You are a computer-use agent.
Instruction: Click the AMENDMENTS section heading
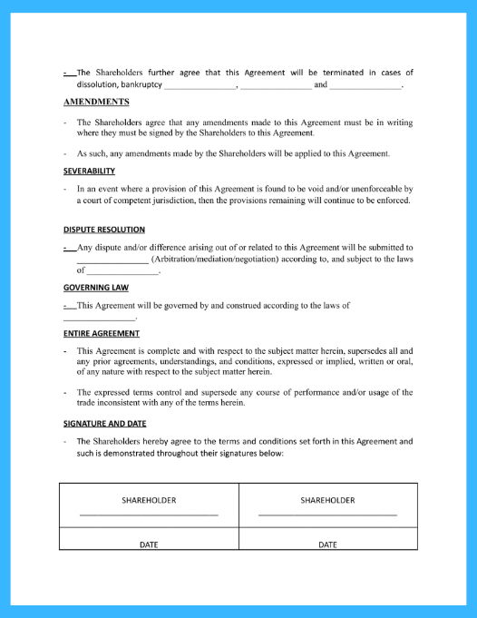pos(95,102)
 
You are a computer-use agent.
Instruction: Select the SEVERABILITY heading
pos(89,171)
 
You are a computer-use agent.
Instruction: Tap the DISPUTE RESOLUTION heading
pos(104,230)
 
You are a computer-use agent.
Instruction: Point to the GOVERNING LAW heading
pos(94,288)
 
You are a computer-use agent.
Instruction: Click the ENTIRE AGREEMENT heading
pos(101,333)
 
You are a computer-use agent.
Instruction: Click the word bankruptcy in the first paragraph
pos(141,85)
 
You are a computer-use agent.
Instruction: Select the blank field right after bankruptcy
pos(200,87)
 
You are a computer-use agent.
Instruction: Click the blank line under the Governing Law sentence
pos(99,319)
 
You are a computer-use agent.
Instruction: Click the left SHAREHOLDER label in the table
pos(149,500)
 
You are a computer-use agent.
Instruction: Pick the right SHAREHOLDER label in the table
pos(327,500)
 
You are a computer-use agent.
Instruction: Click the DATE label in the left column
pos(149,544)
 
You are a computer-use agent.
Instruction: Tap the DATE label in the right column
pos(327,544)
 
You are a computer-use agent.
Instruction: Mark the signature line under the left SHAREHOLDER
pos(149,515)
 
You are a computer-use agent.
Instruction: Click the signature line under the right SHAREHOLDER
pos(327,515)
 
